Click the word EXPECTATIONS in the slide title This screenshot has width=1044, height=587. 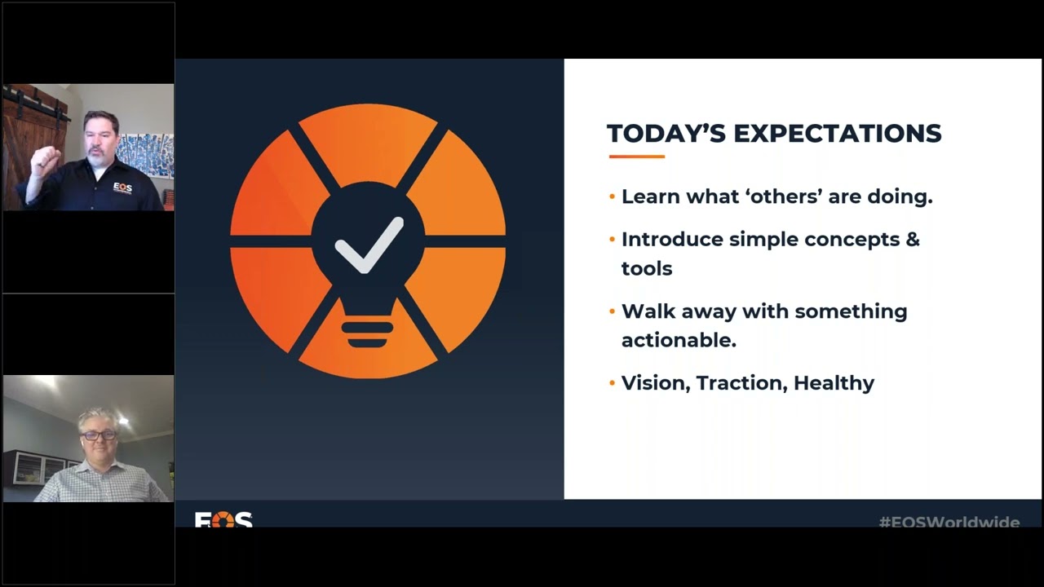(x=838, y=134)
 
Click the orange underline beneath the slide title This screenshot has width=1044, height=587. (x=636, y=157)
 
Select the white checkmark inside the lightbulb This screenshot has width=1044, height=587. (x=369, y=244)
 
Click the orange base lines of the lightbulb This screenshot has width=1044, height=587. (x=367, y=333)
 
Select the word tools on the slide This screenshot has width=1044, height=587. (x=647, y=269)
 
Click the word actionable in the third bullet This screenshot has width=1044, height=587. (x=679, y=341)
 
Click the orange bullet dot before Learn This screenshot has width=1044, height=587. (x=613, y=197)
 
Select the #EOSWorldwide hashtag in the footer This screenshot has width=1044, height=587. (x=949, y=522)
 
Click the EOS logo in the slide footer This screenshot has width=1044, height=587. (x=223, y=519)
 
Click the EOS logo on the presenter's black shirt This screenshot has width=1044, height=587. (x=123, y=188)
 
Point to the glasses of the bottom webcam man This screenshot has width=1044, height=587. (x=99, y=435)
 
